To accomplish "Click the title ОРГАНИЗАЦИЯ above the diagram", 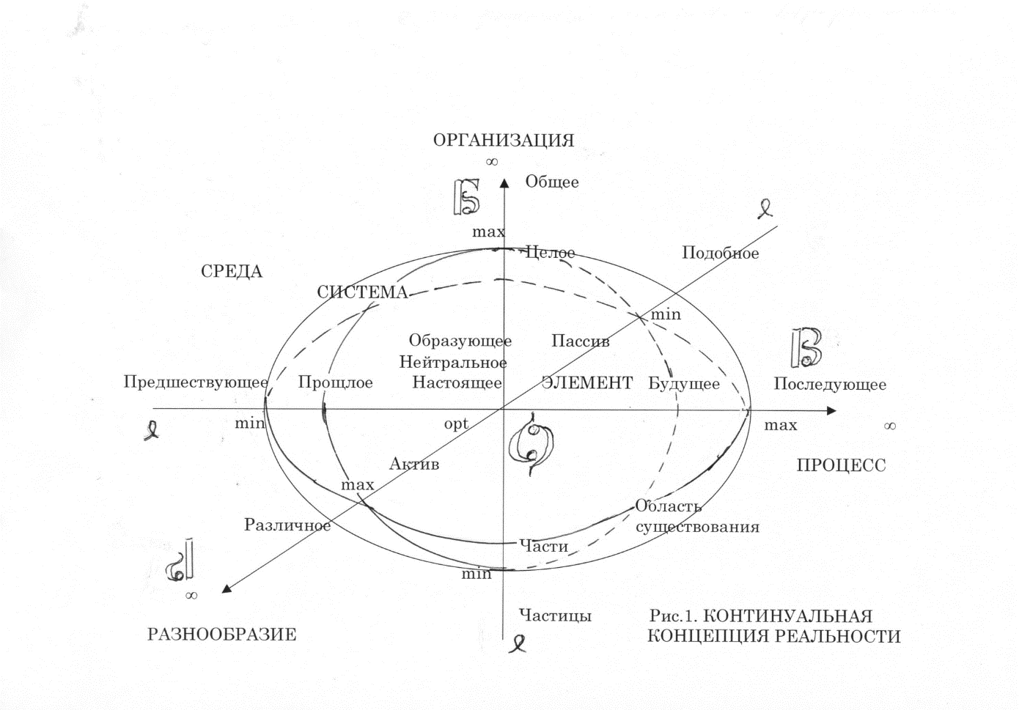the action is coord(504,141).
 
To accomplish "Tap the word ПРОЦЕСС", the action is coord(841,465).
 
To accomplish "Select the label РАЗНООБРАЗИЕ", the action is coord(222,635).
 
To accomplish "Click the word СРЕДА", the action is coord(232,271).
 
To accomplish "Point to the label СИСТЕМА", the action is coord(363,292).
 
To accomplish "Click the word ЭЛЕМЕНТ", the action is coord(586,383).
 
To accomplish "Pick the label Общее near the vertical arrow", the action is coord(552,182).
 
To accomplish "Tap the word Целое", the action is coord(550,253).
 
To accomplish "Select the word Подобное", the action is coord(721,253).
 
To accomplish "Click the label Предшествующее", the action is coord(196,382).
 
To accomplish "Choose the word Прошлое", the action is coord(335,383).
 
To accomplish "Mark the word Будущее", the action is coord(684,384).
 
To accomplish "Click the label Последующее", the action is coord(830,385).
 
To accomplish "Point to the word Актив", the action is coord(414,464).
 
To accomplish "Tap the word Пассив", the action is coord(581,341).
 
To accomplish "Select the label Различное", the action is coord(287,525).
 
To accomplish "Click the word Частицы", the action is coord(556,615).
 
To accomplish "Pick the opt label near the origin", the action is coord(456,424).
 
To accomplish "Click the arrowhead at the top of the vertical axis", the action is coord(504,182).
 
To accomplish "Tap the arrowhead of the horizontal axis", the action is coord(831,411).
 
